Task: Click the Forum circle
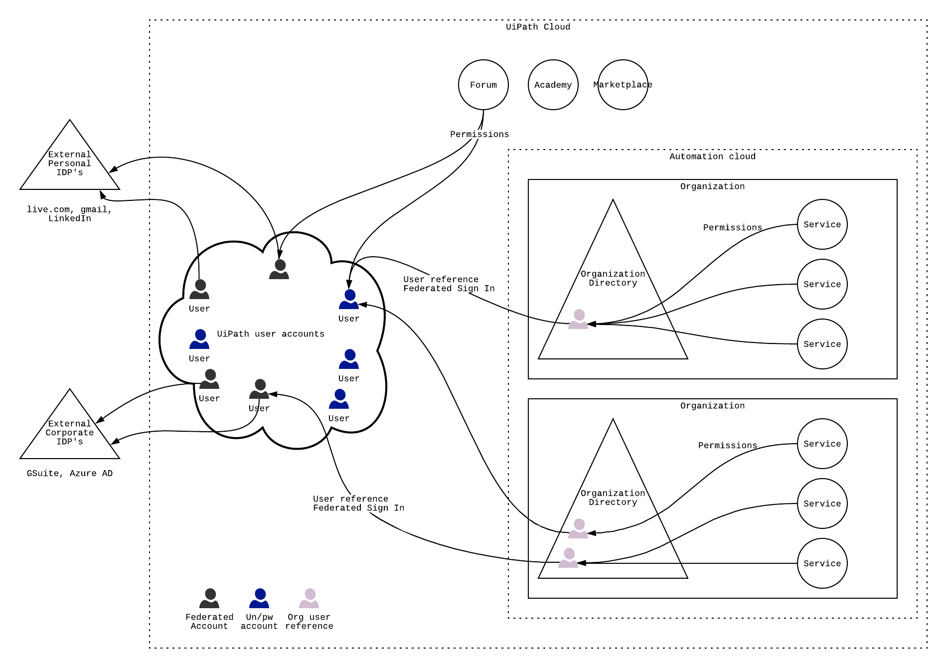483,85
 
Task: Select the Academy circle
553,85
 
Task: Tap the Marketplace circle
623,85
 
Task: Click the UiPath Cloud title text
538,27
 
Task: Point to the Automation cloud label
712,157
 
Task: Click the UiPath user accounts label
271,334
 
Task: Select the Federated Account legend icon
209,598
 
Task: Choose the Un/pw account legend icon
259,598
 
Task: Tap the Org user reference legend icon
309,598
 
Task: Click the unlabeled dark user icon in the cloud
279,269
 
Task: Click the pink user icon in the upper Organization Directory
578,319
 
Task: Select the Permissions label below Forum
479,134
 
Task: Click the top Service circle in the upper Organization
822,224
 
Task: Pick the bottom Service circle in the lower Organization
822,563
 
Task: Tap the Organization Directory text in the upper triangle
613,278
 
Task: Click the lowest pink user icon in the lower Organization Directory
568,558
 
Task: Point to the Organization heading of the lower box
712,406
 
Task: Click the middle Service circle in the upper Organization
822,284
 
